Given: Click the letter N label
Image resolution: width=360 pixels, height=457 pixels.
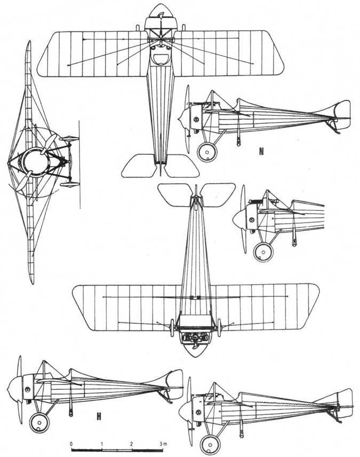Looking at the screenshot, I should (261, 151).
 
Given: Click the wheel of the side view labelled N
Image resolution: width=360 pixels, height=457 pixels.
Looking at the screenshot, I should (206, 152).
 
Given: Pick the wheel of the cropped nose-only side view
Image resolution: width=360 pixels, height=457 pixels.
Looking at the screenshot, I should (262, 252).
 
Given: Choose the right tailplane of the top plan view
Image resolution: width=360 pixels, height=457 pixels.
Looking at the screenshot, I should (181, 165).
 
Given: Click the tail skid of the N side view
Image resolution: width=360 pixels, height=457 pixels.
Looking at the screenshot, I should (335, 129).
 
